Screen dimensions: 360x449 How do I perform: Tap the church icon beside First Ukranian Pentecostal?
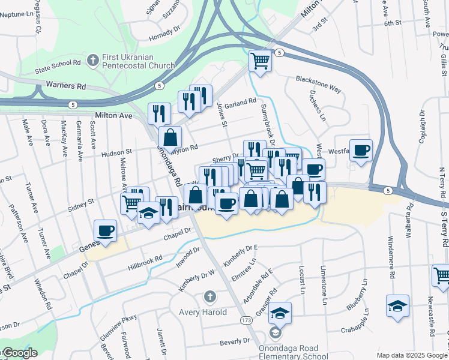click(92, 60)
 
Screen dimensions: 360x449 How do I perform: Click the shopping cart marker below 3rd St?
click(260, 61)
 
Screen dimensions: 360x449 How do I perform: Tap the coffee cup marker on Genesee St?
click(106, 230)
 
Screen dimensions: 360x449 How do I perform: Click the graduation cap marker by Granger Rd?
click(280, 313)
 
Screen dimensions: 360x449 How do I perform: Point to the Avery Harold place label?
click(203, 312)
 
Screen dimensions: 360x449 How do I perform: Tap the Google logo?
click(19, 353)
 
